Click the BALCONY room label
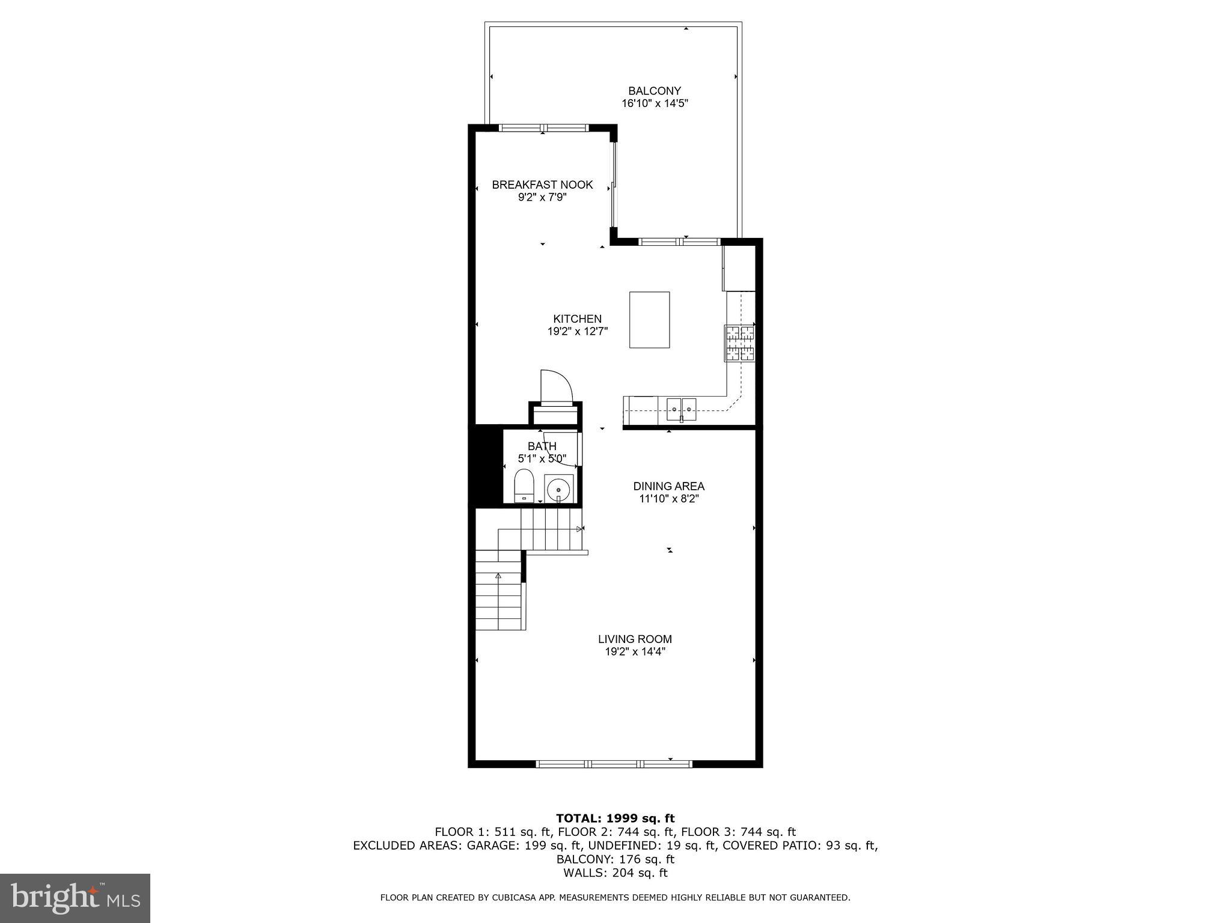click(654, 91)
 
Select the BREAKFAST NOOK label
click(542, 184)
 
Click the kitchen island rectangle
click(649, 320)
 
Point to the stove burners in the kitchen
click(739, 343)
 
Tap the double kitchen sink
click(681, 408)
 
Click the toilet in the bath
click(524, 485)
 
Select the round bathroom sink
click(558, 489)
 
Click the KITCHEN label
click(577, 319)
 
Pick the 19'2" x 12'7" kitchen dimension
click(577, 332)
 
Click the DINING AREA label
click(668, 486)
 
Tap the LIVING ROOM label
click(635, 639)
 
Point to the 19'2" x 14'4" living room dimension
click(635, 652)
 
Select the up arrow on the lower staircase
click(498, 576)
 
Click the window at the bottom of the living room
click(614, 764)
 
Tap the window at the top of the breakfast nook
click(543, 127)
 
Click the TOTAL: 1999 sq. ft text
click(615, 818)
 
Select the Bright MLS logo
click(75, 898)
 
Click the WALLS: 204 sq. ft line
click(615, 873)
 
